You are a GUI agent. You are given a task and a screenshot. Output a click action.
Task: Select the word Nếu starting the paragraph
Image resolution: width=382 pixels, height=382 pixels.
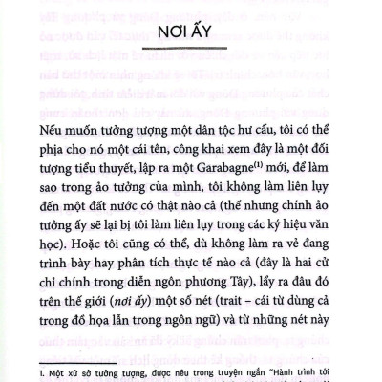tap(55, 128)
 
